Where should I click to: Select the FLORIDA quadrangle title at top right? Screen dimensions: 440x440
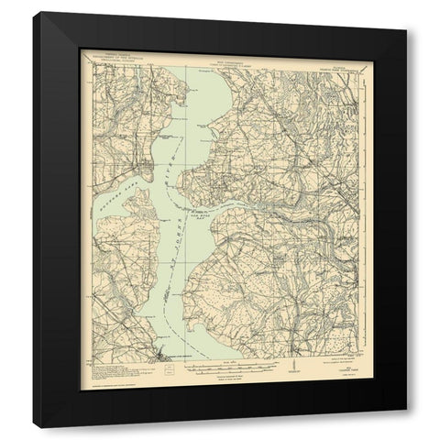pos(322,58)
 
